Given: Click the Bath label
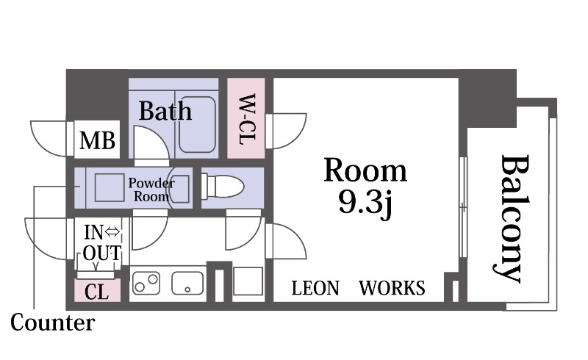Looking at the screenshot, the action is coord(165,111).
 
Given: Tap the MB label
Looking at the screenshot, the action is coord(97,140).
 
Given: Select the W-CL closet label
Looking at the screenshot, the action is coord(247,119).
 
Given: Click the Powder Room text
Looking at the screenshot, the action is coord(151,190).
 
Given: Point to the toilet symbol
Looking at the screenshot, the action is coord(223,186).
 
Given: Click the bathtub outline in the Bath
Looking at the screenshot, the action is coord(197,124).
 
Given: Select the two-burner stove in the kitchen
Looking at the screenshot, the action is coord(146,283).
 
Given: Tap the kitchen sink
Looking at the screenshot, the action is coord(187,283).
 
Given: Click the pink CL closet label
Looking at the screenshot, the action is coord(97,292).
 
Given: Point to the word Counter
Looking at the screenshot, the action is coord(52,323).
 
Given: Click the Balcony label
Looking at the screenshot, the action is coord(511,219).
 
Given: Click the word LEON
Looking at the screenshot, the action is coord(315,289).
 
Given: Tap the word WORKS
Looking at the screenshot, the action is coord(392,289).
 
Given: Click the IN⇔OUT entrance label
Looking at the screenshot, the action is coord(102,242).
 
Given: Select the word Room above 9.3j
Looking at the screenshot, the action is coord(365,170).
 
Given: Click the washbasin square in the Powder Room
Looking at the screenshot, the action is coord(110,187).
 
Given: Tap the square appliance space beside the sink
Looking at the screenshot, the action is coord(248,281).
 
